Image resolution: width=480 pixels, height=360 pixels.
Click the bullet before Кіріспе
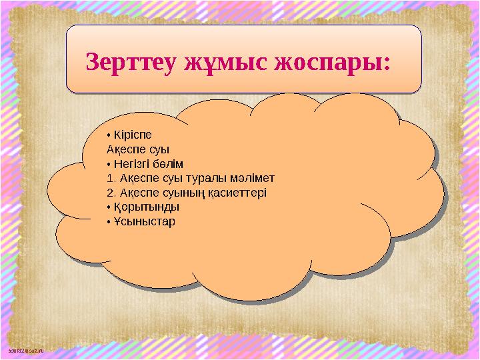(x=108, y=135)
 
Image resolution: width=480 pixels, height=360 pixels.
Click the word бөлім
(x=172, y=164)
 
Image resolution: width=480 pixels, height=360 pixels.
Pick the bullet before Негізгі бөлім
(x=108, y=165)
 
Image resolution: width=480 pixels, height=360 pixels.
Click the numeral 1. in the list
(x=110, y=179)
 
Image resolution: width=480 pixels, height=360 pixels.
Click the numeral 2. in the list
(x=110, y=193)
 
